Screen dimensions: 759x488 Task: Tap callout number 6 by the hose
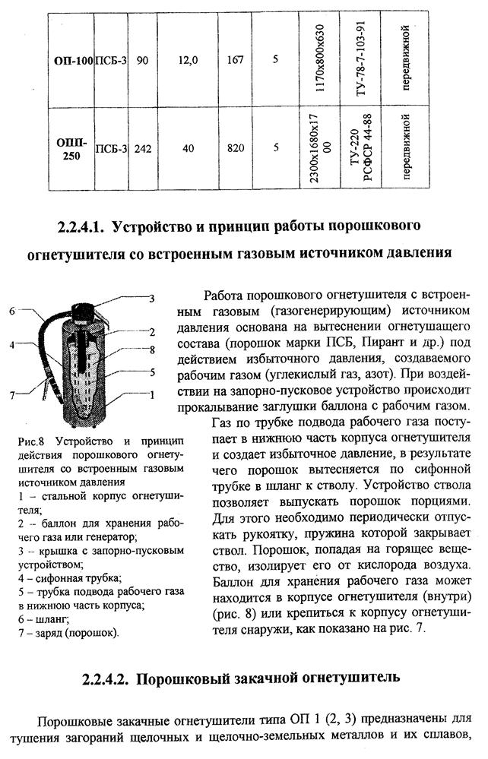[12, 311]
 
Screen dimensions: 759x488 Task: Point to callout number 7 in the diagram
[12, 394]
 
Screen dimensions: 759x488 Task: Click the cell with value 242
[142, 147]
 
